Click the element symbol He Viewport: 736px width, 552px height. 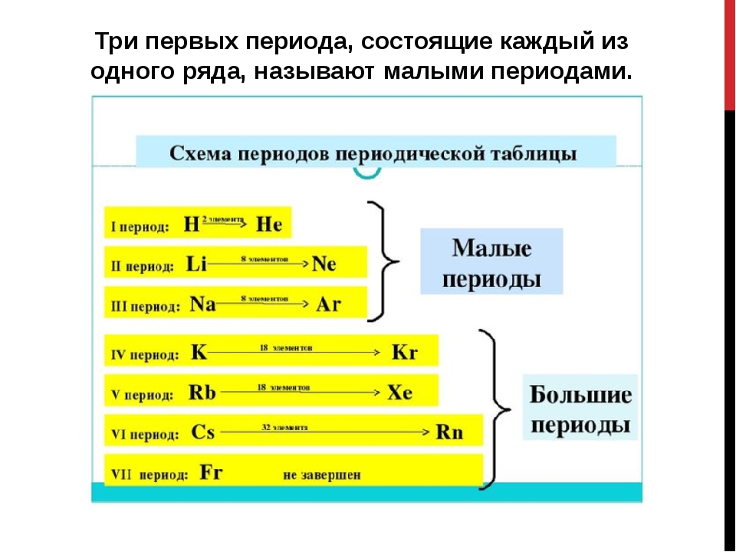pos(268,225)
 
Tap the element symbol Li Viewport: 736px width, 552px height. pos(197,264)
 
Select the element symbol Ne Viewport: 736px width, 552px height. pos(324,264)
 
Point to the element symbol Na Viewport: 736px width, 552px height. pos(202,304)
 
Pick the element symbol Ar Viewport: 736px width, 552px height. pos(328,304)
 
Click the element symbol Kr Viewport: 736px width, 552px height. pos(404,353)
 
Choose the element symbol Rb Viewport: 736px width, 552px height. pos(202,393)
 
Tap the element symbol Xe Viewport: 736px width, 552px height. pos(399,393)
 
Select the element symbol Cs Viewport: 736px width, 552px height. pos(202,432)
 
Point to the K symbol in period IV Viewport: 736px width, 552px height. pos(199,353)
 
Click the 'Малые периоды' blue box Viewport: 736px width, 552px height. pos(491,262)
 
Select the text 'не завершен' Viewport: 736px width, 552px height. pos(322,475)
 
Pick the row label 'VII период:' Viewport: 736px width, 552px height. pos(150,475)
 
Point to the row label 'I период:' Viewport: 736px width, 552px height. pos(140,227)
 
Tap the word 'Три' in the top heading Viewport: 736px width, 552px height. pos(119,41)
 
